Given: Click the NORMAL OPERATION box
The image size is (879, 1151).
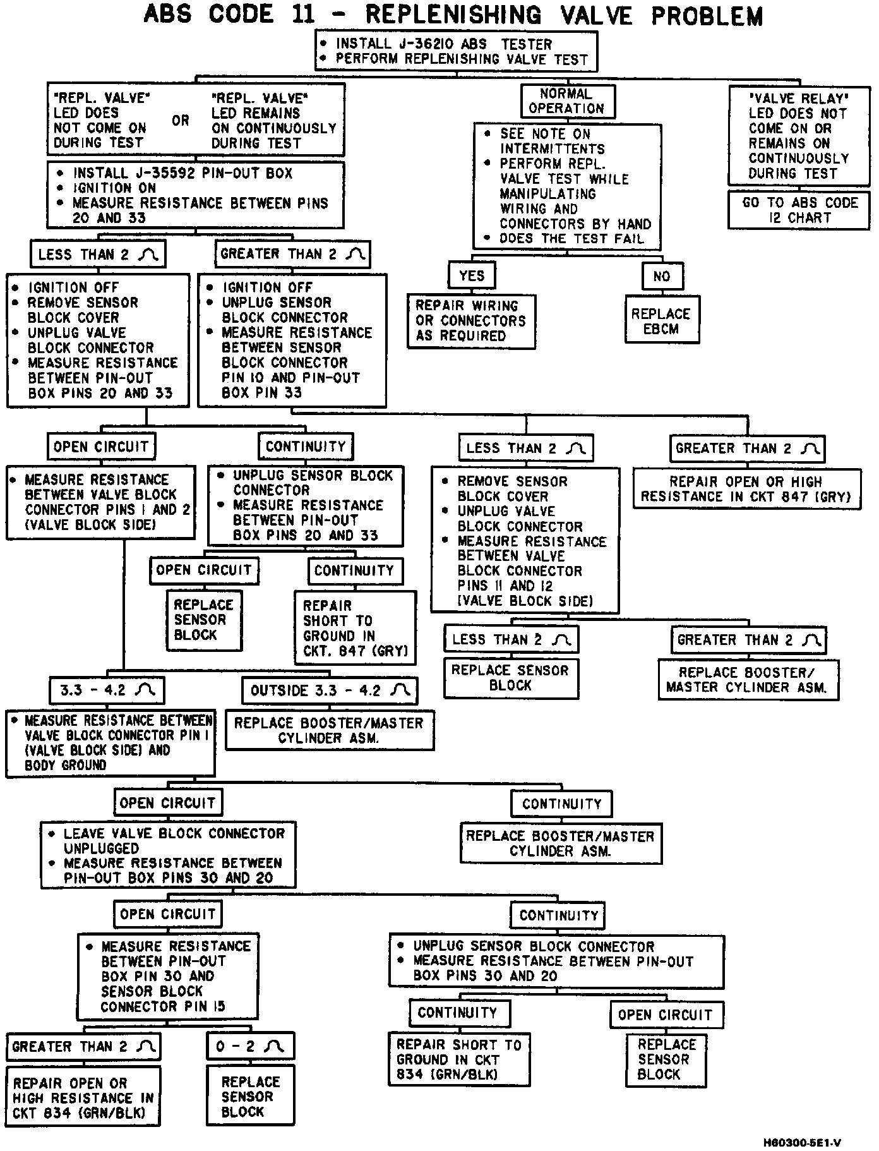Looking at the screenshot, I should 567,101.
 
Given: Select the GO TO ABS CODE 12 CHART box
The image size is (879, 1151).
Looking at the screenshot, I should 799,210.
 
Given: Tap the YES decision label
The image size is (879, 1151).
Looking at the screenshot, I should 472,275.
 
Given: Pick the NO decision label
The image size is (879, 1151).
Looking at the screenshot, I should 661,276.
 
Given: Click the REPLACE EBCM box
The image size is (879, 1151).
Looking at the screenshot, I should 661,321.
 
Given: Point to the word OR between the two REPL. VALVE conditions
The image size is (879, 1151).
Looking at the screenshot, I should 181,120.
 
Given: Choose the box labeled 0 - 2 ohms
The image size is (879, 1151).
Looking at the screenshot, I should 250,1046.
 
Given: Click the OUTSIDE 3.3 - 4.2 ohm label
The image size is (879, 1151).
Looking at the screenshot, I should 330,690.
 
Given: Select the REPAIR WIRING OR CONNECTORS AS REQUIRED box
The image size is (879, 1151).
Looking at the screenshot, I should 470,321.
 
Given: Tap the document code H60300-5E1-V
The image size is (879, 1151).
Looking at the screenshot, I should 802,1142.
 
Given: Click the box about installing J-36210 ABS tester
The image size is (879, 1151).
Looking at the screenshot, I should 456,51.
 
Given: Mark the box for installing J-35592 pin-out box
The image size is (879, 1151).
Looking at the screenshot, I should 196,195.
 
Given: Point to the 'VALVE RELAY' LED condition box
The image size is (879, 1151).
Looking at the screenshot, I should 798,136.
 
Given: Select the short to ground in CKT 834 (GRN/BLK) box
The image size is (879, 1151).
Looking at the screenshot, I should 459,1059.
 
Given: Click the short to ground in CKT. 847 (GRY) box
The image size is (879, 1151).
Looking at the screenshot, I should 355,628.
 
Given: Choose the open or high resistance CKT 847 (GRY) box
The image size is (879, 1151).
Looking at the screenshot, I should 747,488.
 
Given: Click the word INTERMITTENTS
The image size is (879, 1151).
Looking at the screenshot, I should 553,149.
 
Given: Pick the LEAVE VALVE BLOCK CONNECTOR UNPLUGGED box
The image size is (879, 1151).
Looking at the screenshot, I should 168,855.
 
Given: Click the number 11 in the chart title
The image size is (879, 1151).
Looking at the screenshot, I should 304,15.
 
